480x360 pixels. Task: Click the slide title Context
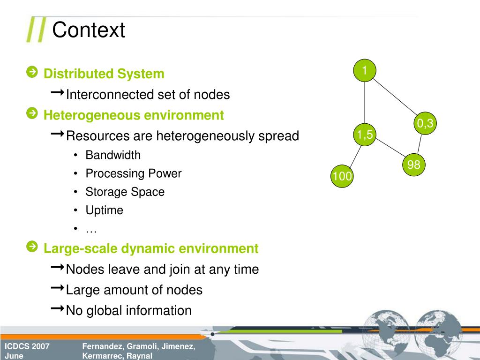coord(89,30)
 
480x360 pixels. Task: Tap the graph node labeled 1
coord(365,71)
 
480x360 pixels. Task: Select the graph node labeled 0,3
coord(425,124)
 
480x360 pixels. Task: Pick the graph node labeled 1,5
coord(364,135)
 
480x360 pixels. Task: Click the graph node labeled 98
coord(413,165)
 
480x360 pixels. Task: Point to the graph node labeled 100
coord(342,176)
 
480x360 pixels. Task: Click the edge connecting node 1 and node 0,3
coord(395,97)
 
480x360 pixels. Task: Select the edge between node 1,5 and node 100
coord(354,155)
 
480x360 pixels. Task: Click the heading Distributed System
coord(104,74)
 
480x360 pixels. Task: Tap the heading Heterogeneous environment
coord(134,115)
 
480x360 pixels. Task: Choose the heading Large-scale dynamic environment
coord(150,248)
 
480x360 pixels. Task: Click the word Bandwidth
coord(113,155)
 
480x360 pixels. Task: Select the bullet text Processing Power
coord(133,173)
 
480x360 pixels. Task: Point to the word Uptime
coord(104,210)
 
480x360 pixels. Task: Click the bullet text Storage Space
coord(125,192)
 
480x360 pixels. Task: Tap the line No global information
coord(128,310)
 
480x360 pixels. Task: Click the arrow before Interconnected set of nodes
coord(58,94)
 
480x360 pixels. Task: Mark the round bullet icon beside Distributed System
coord(32,72)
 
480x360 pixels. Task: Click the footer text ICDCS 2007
coord(27,346)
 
